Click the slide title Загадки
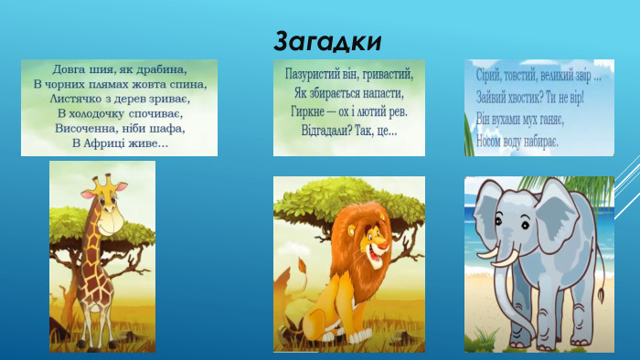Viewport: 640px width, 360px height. point(327,41)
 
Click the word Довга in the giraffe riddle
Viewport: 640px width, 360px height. point(70,69)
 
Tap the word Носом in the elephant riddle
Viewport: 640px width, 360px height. point(493,142)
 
